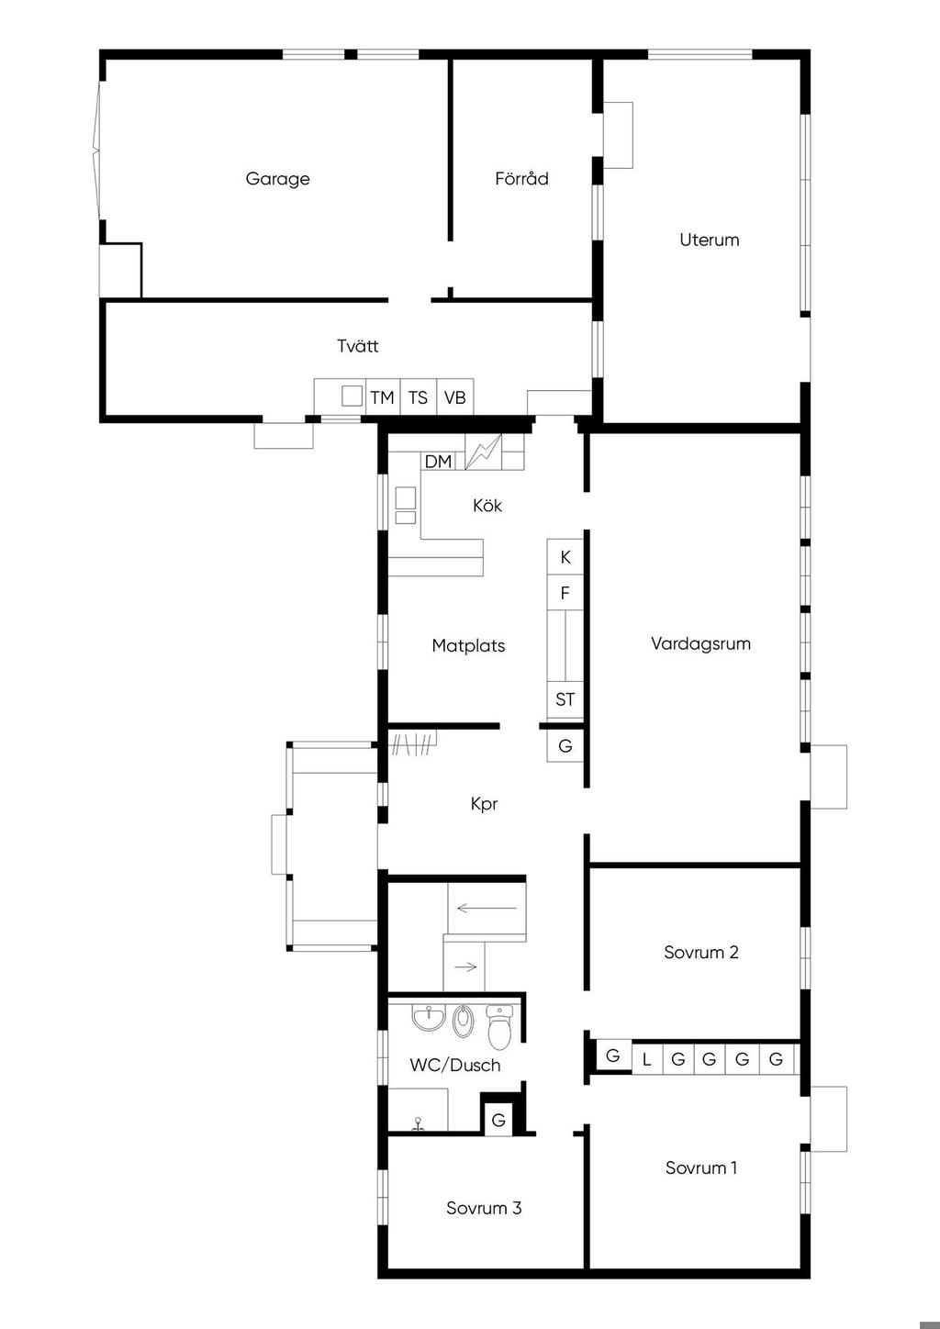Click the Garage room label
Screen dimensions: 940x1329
coord(277,179)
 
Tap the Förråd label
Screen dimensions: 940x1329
coord(521,178)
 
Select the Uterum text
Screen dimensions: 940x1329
coord(710,240)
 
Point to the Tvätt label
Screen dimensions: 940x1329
coord(357,346)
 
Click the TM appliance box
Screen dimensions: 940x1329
coord(383,396)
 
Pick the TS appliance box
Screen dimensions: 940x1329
coord(419,396)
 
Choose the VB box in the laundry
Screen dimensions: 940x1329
coord(455,396)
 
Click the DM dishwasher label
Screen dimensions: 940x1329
coord(438,461)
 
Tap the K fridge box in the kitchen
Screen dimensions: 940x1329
coord(565,556)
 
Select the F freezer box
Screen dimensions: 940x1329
coord(565,592)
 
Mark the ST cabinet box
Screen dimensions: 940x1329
coord(565,698)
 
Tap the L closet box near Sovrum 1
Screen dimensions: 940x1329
coord(647,1059)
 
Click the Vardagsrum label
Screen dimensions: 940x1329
coord(700,643)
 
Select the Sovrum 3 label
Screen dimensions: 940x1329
coord(484,1208)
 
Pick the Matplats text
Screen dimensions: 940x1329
coord(468,645)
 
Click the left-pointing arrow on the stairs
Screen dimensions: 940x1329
coord(487,908)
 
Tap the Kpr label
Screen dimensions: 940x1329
coord(484,804)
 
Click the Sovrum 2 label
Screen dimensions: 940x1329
coord(700,953)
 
